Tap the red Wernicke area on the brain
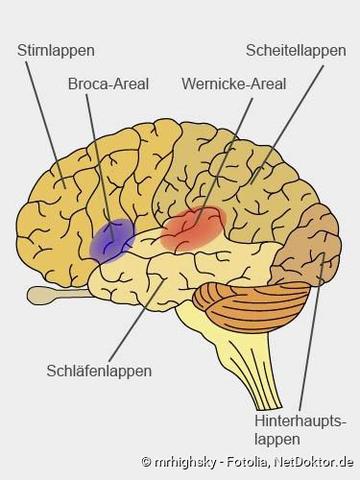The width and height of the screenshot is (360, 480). (192, 229)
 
